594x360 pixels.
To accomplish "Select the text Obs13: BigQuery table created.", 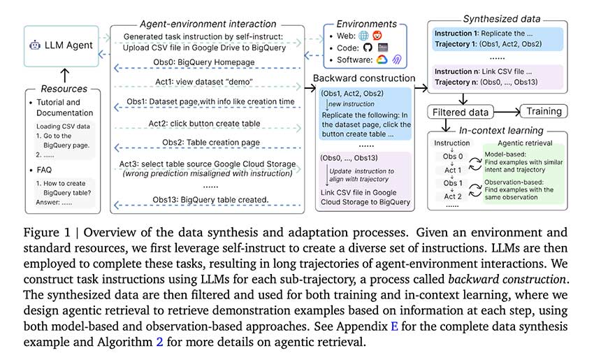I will [208, 201].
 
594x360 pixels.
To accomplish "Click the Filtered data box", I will [460, 112].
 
